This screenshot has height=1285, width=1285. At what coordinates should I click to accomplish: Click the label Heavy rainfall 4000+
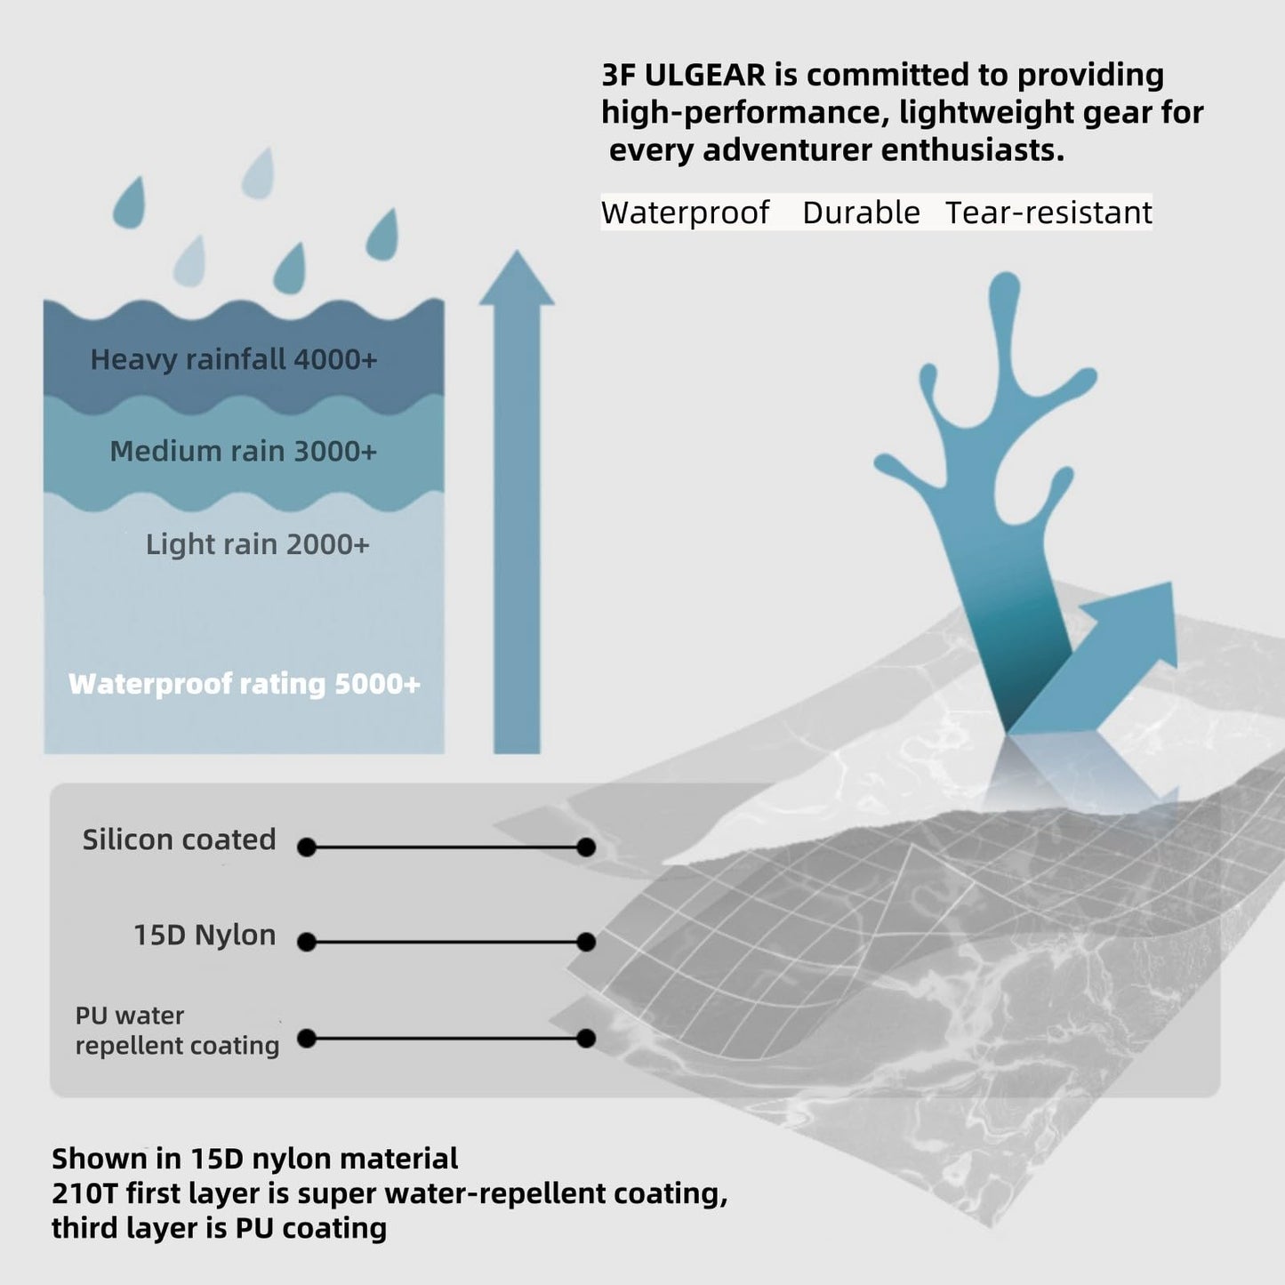tap(233, 360)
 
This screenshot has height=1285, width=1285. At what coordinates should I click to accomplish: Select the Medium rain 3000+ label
tap(244, 452)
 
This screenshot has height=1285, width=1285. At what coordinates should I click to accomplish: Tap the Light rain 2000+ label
tap(257, 544)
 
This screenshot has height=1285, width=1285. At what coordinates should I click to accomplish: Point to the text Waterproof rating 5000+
tap(244, 684)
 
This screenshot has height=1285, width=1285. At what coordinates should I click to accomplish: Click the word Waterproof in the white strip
tap(685, 213)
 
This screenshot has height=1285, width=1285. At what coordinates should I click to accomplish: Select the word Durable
tap(861, 213)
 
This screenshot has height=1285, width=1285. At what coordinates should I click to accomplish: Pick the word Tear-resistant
tap(1048, 213)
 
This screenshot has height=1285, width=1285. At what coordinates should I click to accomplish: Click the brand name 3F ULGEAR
tap(684, 75)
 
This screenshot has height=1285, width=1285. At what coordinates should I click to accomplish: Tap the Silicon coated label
tap(179, 839)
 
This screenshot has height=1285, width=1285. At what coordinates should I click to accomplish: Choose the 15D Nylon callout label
tap(205, 935)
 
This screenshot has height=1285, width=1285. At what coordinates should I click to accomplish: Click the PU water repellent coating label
tap(177, 1031)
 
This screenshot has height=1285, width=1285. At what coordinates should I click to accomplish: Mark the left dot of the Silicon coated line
tap(307, 847)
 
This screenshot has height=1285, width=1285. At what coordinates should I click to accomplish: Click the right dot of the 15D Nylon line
tap(586, 943)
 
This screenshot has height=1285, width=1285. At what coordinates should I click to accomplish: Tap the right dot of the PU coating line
tap(586, 1039)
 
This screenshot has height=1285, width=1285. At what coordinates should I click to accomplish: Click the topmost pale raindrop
tap(258, 173)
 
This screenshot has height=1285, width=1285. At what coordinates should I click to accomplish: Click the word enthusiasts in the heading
tap(972, 150)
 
